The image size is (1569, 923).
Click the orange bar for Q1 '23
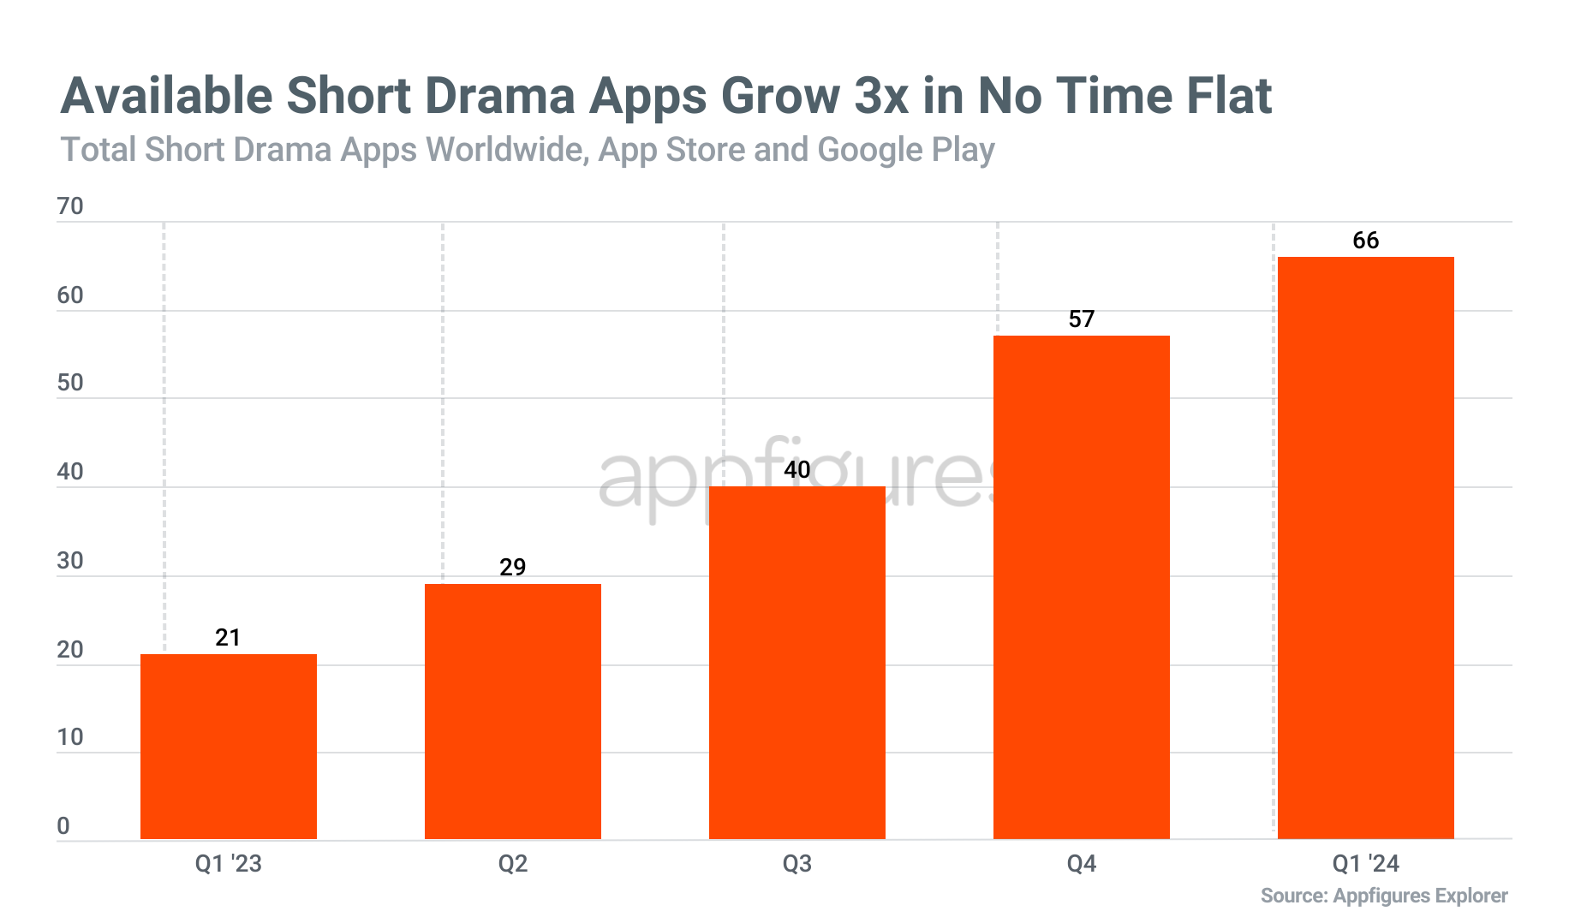(228, 746)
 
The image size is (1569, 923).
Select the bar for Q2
(512, 711)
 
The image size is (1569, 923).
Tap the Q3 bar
(796, 663)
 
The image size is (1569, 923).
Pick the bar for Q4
(1081, 587)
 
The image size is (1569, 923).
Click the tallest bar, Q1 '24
(1365, 547)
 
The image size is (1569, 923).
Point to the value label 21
(228, 637)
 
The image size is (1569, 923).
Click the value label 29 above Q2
(512, 567)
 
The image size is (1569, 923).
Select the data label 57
(1081, 319)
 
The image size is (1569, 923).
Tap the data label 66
(1365, 241)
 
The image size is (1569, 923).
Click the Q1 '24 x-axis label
(1365, 864)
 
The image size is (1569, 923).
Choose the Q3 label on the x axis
(796, 864)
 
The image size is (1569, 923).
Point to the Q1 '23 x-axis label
(228, 864)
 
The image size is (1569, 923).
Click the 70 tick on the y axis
(70, 206)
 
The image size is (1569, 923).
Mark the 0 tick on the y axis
(63, 826)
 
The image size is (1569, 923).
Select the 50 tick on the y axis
(70, 383)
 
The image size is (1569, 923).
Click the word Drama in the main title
(499, 96)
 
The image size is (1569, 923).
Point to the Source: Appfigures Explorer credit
(1383, 896)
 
